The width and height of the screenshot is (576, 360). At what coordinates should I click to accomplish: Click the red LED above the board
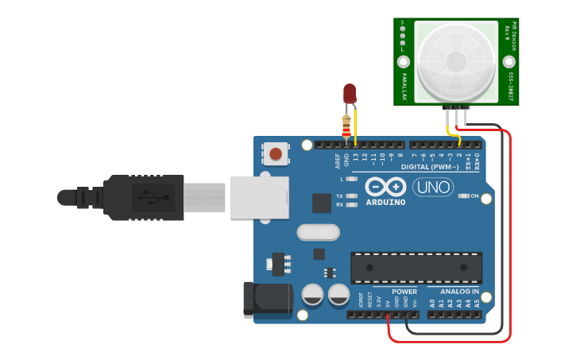[x=350, y=93]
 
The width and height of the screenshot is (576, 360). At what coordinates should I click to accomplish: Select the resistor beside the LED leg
[x=346, y=125]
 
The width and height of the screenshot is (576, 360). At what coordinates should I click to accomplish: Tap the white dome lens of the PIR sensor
[x=456, y=62]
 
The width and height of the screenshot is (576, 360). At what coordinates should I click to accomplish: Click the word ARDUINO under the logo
[x=385, y=202]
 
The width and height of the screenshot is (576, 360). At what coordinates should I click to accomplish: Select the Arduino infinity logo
[x=386, y=187]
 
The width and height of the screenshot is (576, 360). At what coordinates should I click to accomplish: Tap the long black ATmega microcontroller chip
[x=416, y=267]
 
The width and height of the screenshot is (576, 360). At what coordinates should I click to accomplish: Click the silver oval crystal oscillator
[x=318, y=232]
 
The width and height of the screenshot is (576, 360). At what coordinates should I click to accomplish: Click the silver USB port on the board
[x=259, y=197]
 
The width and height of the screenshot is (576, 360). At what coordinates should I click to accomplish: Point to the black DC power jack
[x=269, y=300]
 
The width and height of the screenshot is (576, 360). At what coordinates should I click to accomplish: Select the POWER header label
[x=404, y=292]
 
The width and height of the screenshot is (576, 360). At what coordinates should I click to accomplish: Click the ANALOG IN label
[x=459, y=292]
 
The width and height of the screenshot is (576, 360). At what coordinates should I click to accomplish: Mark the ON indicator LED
[x=465, y=195]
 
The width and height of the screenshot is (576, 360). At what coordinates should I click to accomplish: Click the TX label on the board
[x=339, y=195]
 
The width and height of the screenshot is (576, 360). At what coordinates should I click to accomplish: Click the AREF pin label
[x=338, y=160]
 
